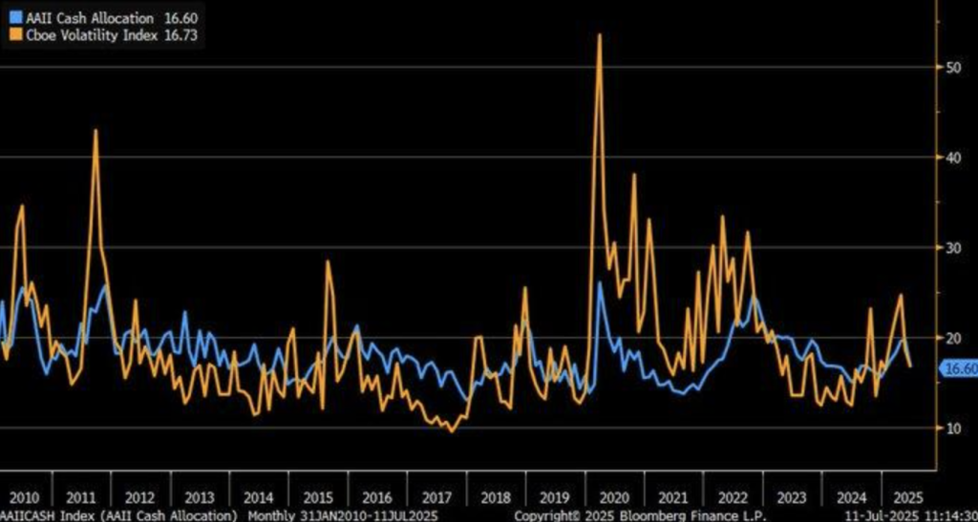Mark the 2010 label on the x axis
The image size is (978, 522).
[x=23, y=497]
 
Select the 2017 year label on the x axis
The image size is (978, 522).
[x=436, y=497]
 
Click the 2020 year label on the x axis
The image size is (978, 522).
[x=613, y=497]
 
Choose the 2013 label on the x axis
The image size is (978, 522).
[x=200, y=497]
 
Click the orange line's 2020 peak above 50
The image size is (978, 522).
[x=599, y=35]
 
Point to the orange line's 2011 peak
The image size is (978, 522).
[x=96, y=131]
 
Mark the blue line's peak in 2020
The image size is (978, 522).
[x=600, y=282]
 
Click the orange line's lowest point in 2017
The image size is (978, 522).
[x=452, y=431]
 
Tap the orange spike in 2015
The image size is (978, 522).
[x=328, y=261]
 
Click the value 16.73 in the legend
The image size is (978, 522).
[x=181, y=34]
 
